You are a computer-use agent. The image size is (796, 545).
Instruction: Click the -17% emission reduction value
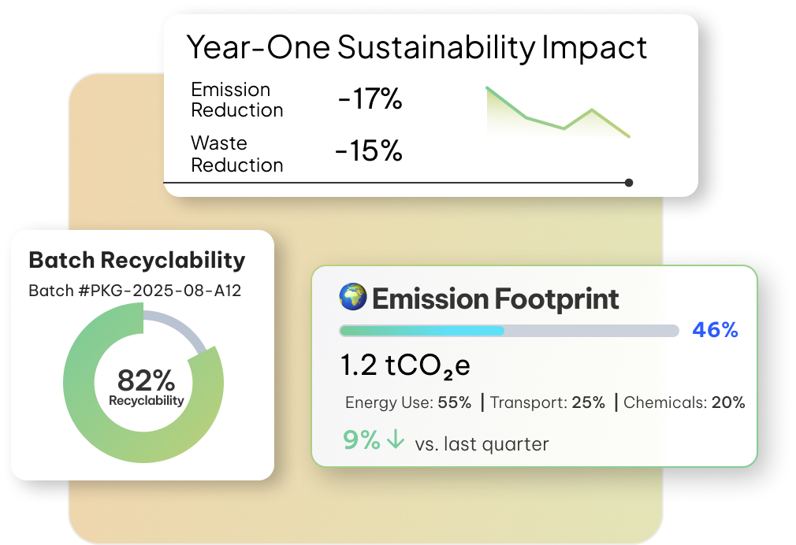(x=370, y=98)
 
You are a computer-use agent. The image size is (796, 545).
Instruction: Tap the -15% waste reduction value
(x=369, y=150)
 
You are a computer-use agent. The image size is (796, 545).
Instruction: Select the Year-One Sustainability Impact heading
(x=416, y=48)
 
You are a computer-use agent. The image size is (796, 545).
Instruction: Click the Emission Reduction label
(x=236, y=100)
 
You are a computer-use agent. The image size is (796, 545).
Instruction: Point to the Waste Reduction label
(x=236, y=154)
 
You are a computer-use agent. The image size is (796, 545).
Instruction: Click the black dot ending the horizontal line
(x=629, y=183)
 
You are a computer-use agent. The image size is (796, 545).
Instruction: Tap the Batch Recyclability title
(x=136, y=260)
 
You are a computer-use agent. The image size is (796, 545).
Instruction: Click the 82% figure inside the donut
(x=147, y=380)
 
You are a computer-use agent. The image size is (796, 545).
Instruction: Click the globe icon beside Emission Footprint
(x=353, y=297)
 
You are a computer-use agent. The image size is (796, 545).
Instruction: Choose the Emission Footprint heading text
(x=496, y=299)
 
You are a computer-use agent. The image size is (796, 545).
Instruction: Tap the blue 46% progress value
(x=716, y=330)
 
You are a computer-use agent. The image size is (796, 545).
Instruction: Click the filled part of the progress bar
(x=422, y=331)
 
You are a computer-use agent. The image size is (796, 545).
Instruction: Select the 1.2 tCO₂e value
(x=405, y=366)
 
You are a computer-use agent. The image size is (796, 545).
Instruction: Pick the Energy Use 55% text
(x=408, y=402)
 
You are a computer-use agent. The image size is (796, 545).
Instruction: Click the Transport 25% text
(x=548, y=402)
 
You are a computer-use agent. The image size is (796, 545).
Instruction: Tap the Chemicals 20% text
(x=684, y=402)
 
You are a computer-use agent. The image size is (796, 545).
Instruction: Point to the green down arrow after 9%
(x=396, y=439)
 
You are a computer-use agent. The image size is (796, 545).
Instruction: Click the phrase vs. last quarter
(x=482, y=444)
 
